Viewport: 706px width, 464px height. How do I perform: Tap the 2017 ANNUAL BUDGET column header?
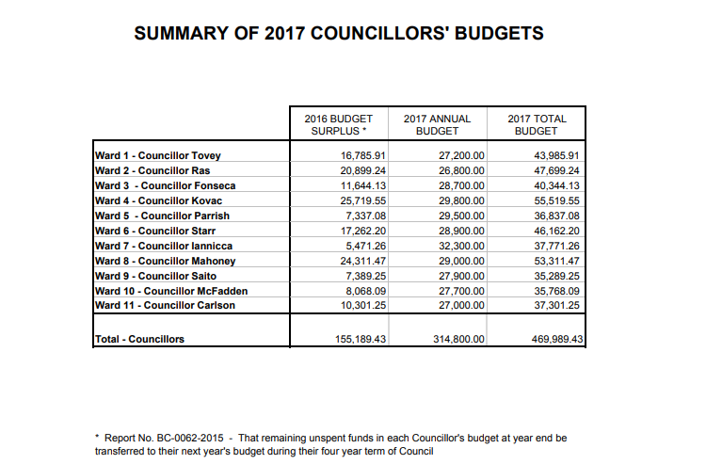click(x=437, y=125)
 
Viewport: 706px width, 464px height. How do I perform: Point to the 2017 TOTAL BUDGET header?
click(x=537, y=125)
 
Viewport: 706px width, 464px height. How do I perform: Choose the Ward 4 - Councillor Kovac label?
click(x=158, y=200)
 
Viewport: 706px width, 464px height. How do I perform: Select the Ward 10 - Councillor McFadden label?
click(x=169, y=291)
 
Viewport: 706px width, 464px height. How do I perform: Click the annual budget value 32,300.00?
click(x=458, y=246)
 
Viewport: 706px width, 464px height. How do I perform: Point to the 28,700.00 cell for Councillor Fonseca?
click(x=458, y=185)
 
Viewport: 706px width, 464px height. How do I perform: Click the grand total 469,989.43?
click(x=554, y=339)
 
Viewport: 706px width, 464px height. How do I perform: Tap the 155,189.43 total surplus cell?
click(x=360, y=339)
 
